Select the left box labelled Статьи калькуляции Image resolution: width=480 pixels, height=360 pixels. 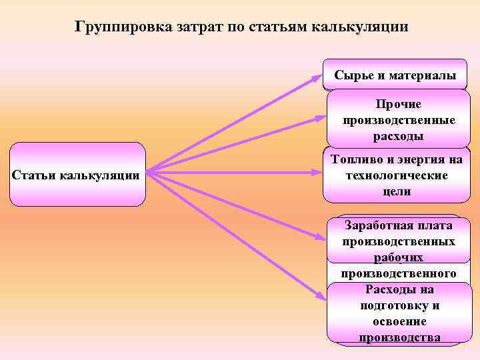(77, 175)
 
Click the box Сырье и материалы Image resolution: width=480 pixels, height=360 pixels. (395, 75)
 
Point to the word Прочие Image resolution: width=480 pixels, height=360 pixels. (399, 105)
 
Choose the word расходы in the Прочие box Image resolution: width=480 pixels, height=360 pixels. (399, 136)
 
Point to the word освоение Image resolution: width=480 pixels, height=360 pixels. (399, 321)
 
